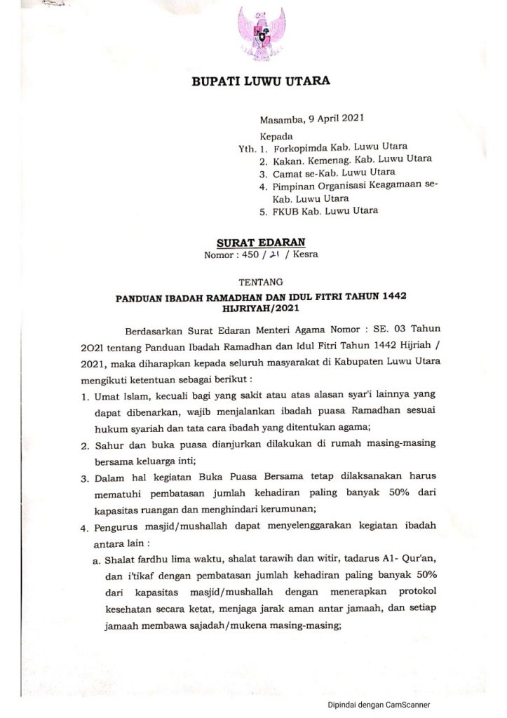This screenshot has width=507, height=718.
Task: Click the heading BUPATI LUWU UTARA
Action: [x=260, y=82]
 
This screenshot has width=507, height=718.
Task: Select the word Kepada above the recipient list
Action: [x=277, y=136]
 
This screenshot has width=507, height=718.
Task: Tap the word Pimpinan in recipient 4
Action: [x=294, y=186]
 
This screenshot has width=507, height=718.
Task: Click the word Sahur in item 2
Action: [x=107, y=446]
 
